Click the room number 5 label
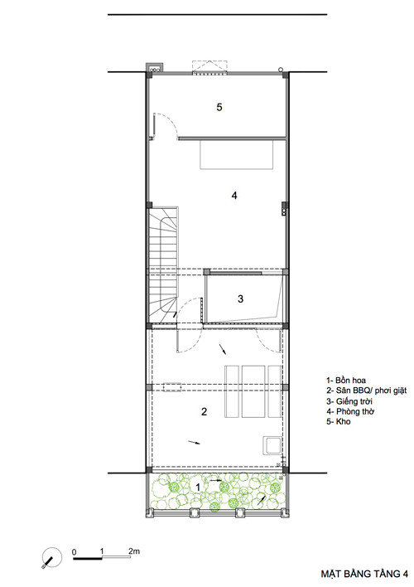pos(219,107)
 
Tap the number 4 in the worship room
pos(234,196)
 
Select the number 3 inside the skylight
pos(240,298)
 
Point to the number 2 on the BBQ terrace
pos(204,412)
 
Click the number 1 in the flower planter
pos(198,487)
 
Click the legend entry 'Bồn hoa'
pos(350,381)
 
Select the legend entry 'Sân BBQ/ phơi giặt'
pos(371,391)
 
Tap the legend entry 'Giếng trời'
pos(354,401)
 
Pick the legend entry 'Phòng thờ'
pos(355,411)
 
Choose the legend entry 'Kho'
pos(344,421)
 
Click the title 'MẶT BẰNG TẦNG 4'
pos(364,574)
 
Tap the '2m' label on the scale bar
pos(134,551)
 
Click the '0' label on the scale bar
pos(74,552)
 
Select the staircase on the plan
pos(164,266)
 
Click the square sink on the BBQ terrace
pos(272,445)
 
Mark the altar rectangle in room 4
pos(238,154)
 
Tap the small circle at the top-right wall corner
pos(281,70)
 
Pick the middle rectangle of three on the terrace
pos(253,391)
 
